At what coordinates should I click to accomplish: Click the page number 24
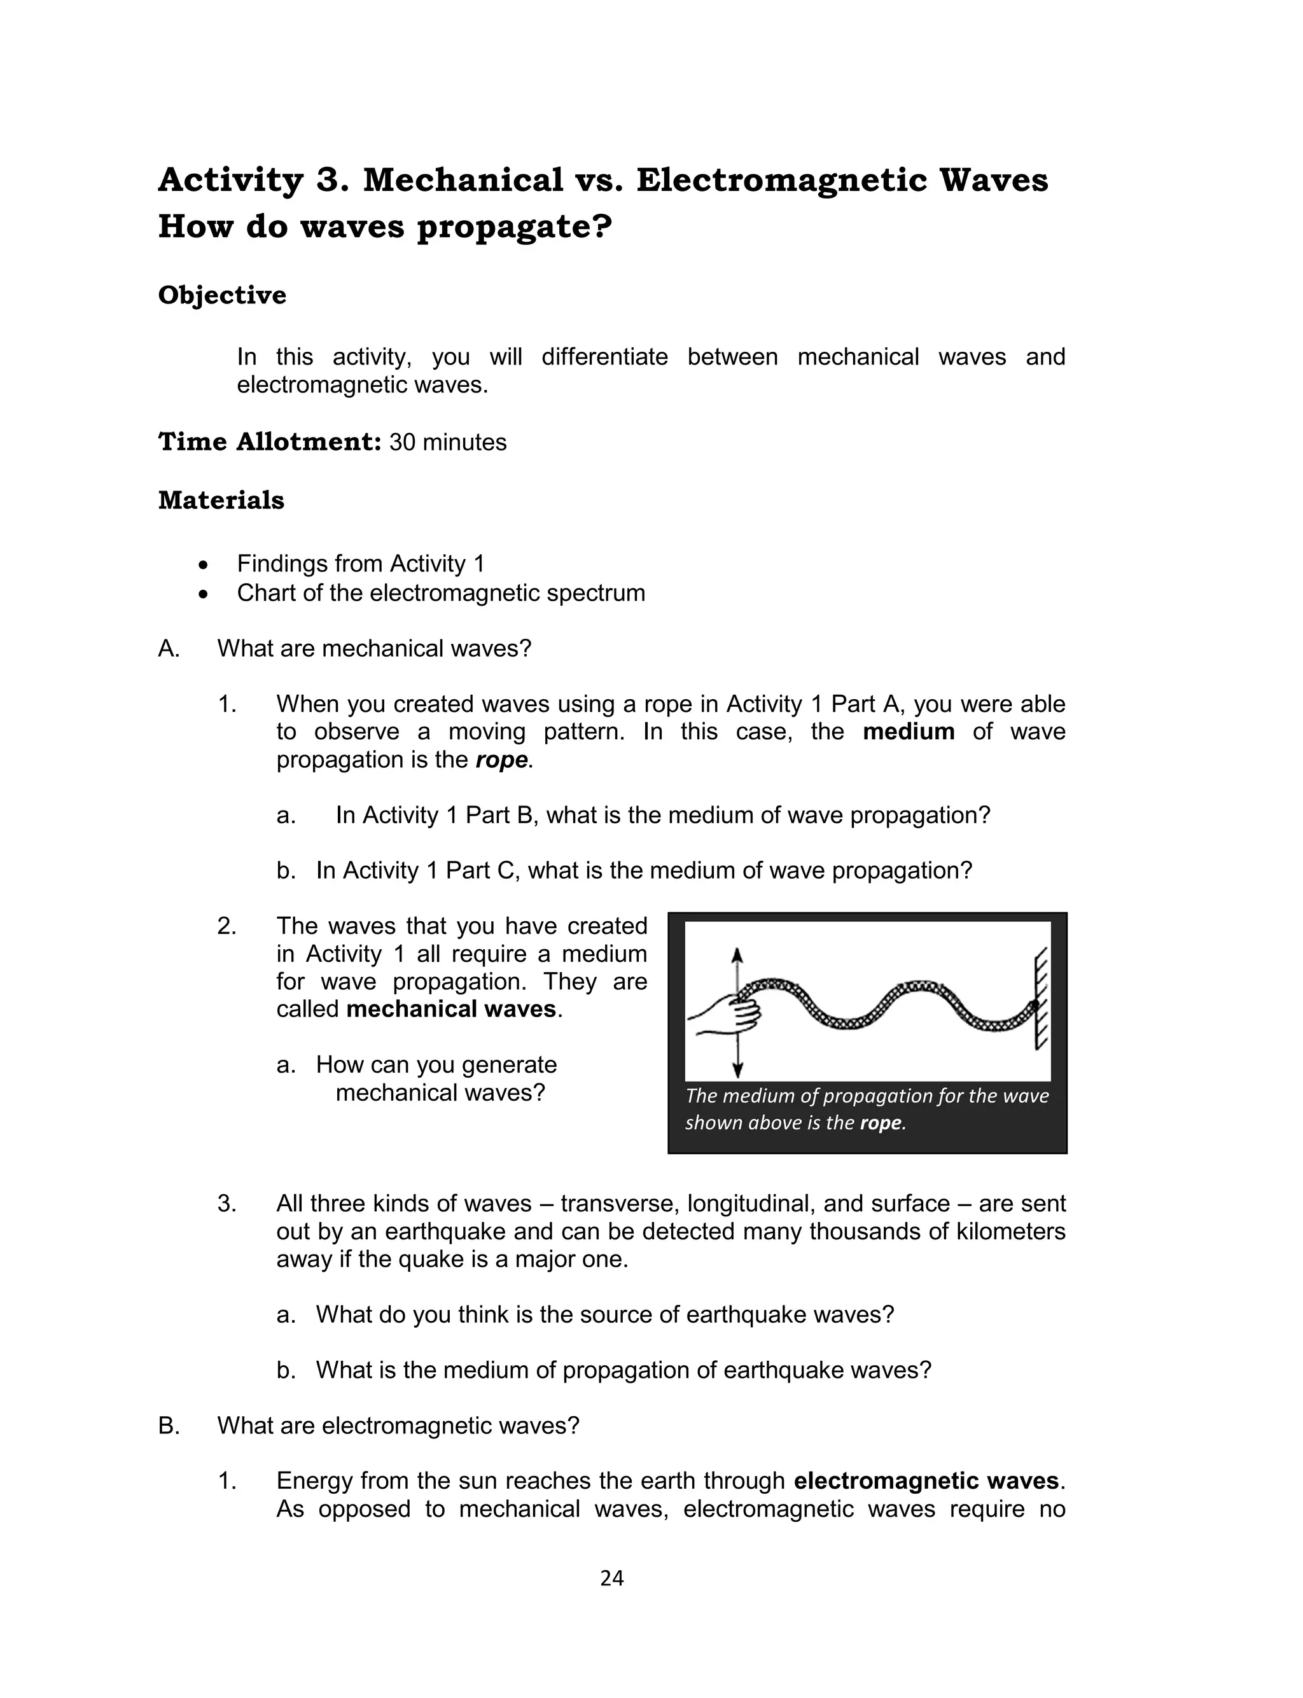[612, 1578]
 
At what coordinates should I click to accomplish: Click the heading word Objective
[222, 295]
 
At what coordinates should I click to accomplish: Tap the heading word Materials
[221, 500]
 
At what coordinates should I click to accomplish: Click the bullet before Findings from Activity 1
[203, 564]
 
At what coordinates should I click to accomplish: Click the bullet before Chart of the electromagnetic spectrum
[203, 593]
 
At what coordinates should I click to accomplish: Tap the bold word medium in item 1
[909, 731]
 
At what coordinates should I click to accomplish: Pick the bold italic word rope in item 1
[502, 759]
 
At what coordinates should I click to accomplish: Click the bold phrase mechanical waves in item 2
[451, 1009]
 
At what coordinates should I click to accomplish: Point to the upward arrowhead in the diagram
[737, 954]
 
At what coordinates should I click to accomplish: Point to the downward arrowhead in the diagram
[737, 1071]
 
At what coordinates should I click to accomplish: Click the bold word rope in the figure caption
[881, 1123]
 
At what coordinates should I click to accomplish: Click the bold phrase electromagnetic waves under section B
[927, 1480]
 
